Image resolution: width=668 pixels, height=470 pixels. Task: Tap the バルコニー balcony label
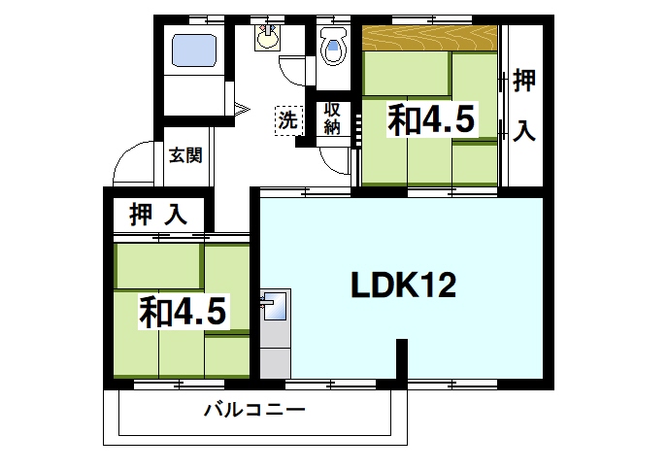[254, 410]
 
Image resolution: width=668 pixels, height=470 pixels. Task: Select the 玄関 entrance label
[184, 153]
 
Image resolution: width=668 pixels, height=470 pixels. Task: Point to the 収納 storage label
[332, 117]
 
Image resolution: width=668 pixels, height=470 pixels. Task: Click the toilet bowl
[333, 47]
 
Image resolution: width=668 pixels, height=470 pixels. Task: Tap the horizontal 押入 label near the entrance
[157, 215]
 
